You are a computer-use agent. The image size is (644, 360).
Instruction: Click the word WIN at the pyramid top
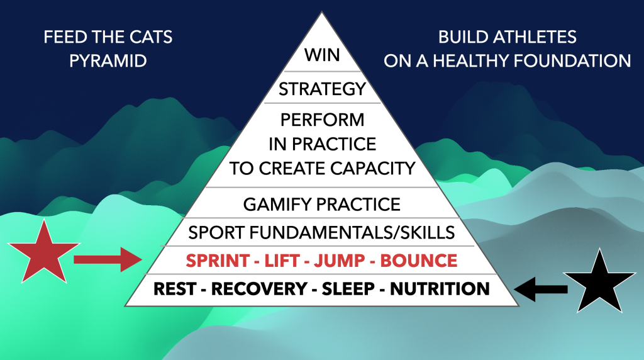point(322,55)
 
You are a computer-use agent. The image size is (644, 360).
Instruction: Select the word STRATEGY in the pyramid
point(322,89)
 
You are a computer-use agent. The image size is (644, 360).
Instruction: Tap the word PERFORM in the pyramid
point(323,120)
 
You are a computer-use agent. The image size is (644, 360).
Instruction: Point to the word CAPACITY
point(372,168)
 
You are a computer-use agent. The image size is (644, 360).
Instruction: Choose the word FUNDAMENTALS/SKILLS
point(352,233)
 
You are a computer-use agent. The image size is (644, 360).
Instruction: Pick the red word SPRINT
point(217,261)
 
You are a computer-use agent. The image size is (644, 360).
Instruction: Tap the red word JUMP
point(339,261)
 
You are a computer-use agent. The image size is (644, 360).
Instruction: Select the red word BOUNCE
point(418,261)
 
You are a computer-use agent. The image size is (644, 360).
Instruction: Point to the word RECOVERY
point(259,288)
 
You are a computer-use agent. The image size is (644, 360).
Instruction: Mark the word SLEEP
point(348,288)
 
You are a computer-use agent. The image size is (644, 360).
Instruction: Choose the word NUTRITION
point(440,288)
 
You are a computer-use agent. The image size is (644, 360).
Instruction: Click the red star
point(43,254)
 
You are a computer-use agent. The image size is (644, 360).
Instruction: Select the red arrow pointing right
point(108,260)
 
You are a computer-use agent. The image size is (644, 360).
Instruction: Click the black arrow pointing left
point(541,290)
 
